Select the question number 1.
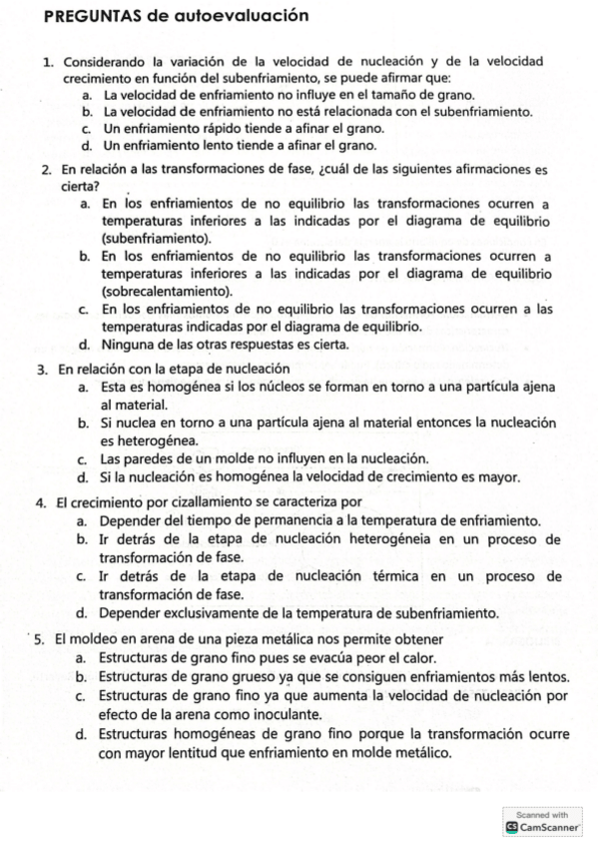click(48, 62)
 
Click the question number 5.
click(38, 638)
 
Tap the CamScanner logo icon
click(512, 827)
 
